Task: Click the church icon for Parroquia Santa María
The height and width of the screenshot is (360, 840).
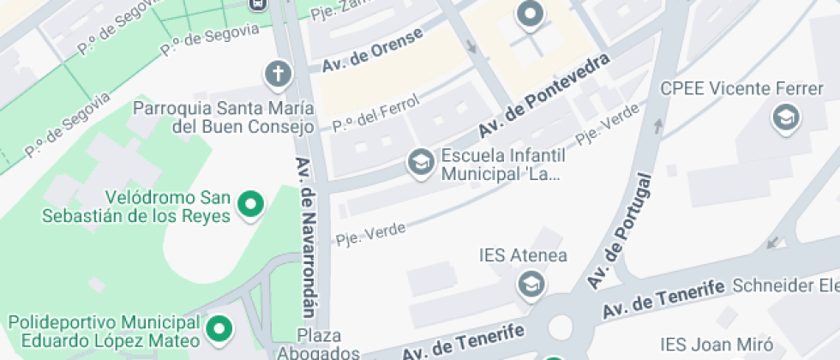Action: click(x=278, y=75)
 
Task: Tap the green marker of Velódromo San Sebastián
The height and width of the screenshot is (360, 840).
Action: click(x=251, y=204)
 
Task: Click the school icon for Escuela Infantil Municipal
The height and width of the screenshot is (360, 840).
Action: click(x=420, y=161)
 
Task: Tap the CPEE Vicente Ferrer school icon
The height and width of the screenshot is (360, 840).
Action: click(x=785, y=117)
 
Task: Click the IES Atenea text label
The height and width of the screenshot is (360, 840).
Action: click(x=523, y=255)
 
